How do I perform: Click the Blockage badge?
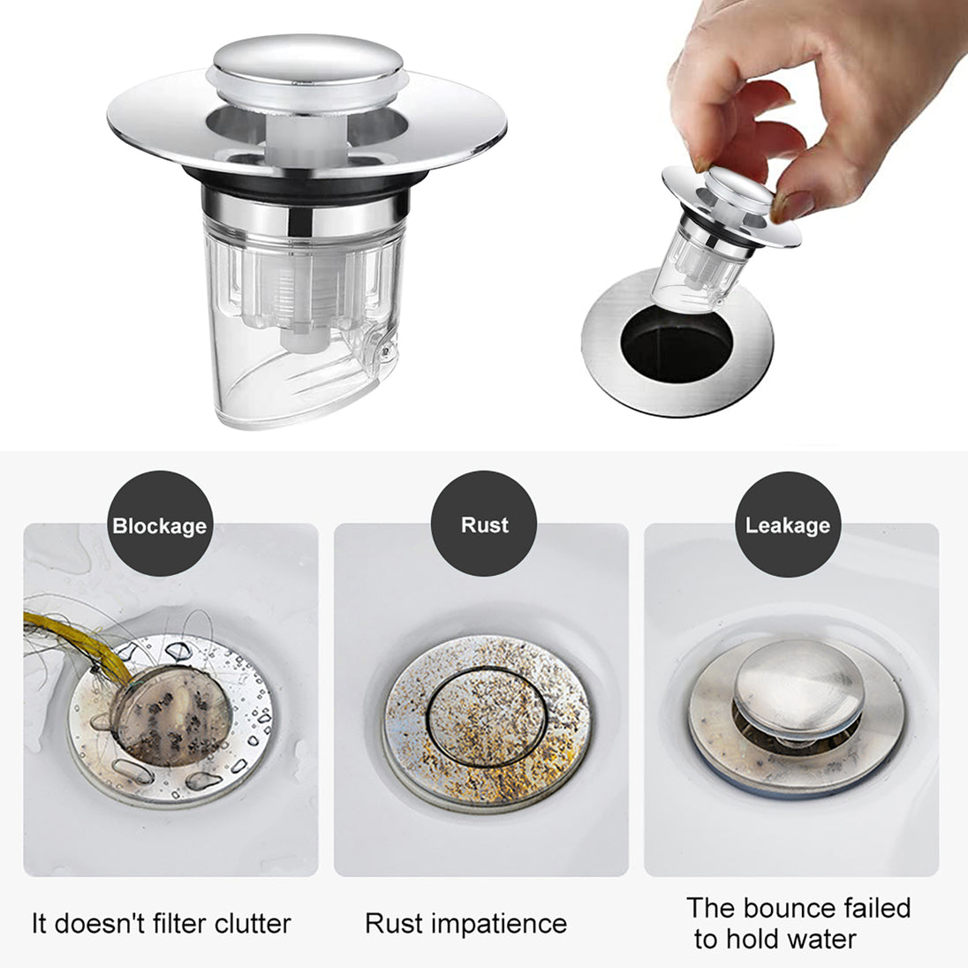point(159,525)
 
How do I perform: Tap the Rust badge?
point(484,524)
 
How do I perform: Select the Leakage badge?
point(787,525)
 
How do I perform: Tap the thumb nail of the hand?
point(791,206)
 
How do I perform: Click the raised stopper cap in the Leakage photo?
point(798,690)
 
